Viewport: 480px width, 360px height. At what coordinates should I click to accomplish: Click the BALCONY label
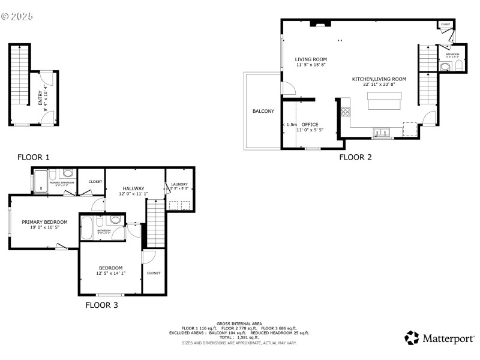[x=263, y=111]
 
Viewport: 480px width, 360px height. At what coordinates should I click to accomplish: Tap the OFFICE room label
[x=310, y=125]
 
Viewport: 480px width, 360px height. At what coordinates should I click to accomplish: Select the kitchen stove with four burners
[x=346, y=110]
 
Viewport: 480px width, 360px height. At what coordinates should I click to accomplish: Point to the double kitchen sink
[x=382, y=132]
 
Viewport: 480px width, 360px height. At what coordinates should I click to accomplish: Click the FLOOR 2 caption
[x=356, y=157]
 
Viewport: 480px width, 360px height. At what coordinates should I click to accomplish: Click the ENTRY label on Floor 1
[x=40, y=98]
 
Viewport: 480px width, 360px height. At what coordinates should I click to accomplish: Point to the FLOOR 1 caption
[x=34, y=157]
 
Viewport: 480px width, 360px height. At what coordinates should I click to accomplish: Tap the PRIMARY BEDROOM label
[x=44, y=222]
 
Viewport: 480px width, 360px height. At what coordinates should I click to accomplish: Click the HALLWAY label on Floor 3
[x=133, y=188]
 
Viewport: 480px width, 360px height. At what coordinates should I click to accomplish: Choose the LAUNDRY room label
[x=179, y=184]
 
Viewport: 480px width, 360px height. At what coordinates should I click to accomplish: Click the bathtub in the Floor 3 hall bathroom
[x=88, y=228]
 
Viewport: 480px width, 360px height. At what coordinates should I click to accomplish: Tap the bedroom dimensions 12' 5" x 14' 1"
[x=111, y=273]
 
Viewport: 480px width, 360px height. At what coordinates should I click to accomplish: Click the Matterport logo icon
[x=411, y=338]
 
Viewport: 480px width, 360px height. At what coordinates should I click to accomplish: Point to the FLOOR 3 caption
[x=101, y=305]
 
